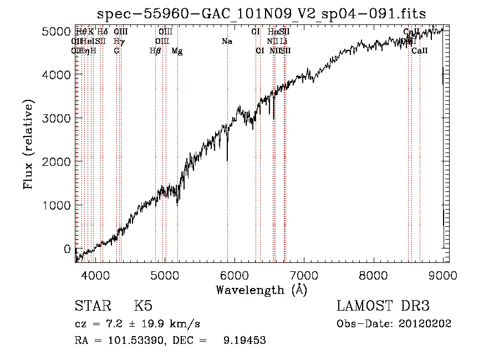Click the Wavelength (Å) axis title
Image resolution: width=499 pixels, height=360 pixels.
(x=261, y=290)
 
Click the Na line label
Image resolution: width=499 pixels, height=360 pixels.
(x=226, y=42)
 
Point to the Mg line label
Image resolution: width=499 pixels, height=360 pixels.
(x=177, y=51)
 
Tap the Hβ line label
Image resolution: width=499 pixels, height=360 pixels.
(x=155, y=51)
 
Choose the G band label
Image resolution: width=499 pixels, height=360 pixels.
(x=116, y=51)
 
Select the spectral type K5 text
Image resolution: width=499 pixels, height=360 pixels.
(x=143, y=306)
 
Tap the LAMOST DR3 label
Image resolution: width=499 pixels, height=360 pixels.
(x=383, y=306)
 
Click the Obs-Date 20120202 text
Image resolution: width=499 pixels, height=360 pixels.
(x=394, y=324)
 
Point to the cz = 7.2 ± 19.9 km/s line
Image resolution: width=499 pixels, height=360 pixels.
(x=137, y=324)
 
